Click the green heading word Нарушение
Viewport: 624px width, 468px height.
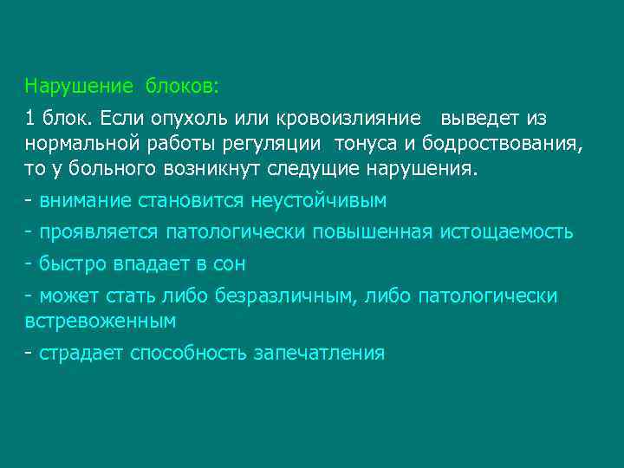(x=79, y=87)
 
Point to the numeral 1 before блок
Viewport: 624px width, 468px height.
(x=30, y=118)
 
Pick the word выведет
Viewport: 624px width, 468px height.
(x=481, y=118)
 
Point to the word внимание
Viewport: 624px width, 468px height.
(x=85, y=201)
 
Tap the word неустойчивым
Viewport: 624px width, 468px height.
(x=318, y=201)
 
